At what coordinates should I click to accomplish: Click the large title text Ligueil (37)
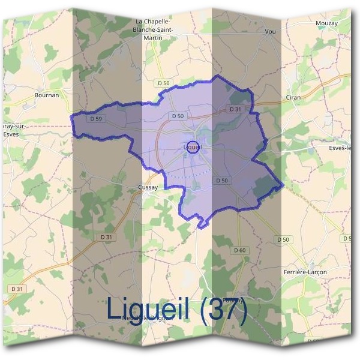coord(177,310)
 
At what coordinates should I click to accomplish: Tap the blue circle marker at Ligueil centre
coord(193,146)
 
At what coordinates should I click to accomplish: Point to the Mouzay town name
coord(326,23)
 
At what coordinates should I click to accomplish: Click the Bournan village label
coord(46,95)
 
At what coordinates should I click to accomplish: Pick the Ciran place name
coord(293,97)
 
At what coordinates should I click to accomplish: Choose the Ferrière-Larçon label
coord(304,272)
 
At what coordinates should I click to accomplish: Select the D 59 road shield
coord(96,119)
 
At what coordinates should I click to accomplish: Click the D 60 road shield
coord(240,250)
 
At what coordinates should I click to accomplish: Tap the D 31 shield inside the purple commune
coord(235,109)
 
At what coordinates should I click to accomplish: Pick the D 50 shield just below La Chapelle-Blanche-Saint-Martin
coord(162,82)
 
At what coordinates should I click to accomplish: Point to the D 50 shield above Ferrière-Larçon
coord(283,239)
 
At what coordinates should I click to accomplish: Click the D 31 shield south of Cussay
coord(106,237)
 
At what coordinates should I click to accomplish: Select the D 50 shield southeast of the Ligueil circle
coord(222,180)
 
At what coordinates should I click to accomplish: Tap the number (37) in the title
coord(224,310)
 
